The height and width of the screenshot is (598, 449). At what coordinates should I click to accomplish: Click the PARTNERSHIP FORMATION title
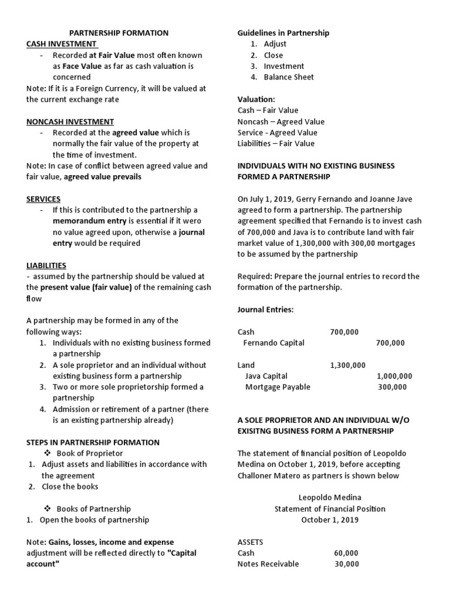click(x=119, y=33)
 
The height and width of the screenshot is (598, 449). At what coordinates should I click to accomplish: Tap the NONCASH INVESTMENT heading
click(x=70, y=121)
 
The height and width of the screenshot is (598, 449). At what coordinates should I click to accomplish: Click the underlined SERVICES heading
click(x=43, y=199)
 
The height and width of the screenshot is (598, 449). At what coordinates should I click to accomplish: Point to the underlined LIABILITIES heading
click(x=46, y=265)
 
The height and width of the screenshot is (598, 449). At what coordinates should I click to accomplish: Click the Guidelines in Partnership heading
click(x=283, y=33)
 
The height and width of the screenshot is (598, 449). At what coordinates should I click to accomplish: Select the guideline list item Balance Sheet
click(x=288, y=77)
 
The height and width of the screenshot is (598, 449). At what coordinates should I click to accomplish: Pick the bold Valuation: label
click(x=256, y=99)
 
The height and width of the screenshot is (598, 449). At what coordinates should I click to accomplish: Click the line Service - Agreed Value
click(x=278, y=133)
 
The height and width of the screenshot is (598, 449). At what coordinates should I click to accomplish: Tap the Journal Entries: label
click(x=265, y=310)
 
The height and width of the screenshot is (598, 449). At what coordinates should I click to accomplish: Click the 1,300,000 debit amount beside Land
click(x=347, y=365)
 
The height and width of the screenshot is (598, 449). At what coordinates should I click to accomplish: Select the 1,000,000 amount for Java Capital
click(x=394, y=376)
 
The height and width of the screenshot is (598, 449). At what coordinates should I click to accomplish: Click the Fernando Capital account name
click(x=274, y=343)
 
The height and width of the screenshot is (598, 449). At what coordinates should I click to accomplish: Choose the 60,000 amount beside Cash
click(x=346, y=553)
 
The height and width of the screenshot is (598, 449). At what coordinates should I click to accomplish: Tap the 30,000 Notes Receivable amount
click(x=347, y=564)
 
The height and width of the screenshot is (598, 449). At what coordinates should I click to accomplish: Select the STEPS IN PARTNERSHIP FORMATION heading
click(x=93, y=442)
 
